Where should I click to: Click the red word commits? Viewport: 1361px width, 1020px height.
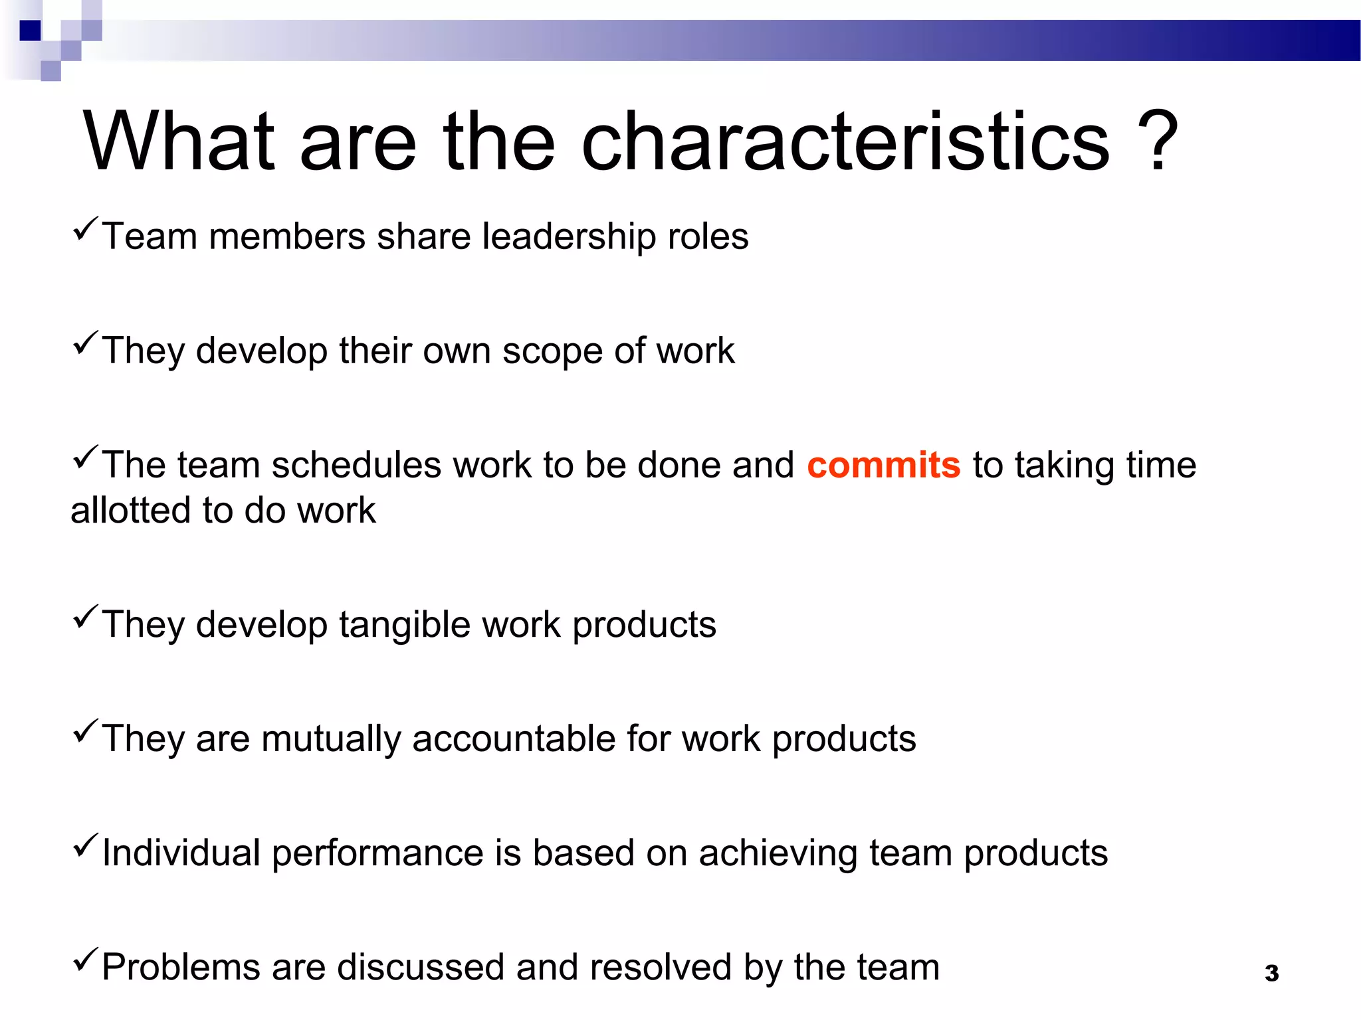coord(883,465)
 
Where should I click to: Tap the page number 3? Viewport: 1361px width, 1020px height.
coord(1271,974)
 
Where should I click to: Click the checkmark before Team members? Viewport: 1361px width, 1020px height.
coord(85,229)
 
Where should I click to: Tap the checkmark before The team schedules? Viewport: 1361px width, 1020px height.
coord(85,458)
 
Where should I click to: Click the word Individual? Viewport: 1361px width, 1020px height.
coord(181,853)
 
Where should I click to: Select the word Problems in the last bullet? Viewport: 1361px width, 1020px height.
coord(181,968)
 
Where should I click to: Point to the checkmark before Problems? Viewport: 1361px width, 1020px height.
coord(85,960)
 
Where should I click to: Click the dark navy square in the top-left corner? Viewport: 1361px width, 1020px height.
coord(30,31)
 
